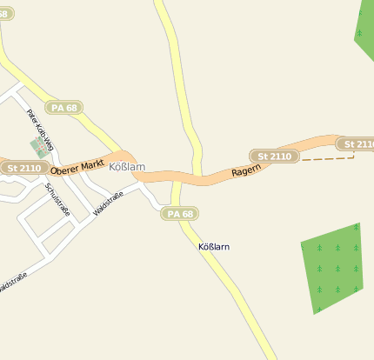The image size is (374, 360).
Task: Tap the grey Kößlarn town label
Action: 127,166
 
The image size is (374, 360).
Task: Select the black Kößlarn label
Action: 214,247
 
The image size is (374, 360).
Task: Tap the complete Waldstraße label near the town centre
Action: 109,203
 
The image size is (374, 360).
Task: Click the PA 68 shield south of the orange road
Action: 179,214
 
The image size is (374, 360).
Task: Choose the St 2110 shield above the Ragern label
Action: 275,156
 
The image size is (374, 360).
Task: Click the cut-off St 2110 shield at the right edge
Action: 356,143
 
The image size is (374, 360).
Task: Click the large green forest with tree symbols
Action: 332,266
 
